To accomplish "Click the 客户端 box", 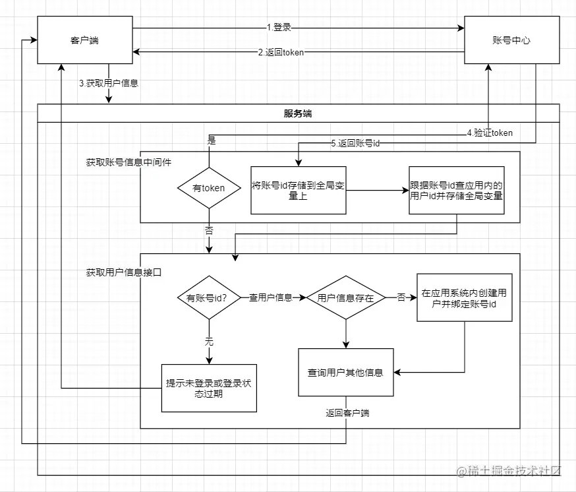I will (x=84, y=40).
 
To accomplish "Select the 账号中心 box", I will (x=511, y=40).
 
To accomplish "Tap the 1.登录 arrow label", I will (x=279, y=28).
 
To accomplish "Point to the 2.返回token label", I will (x=281, y=52).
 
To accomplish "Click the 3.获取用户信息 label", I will (x=108, y=83).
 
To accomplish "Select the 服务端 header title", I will (x=298, y=113).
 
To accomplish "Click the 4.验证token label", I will (x=490, y=133).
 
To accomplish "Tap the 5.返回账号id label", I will (x=355, y=144).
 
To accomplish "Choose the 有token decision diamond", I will (x=208, y=188).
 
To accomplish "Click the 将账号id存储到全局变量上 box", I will (x=299, y=190).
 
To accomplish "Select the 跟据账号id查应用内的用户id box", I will (x=457, y=190).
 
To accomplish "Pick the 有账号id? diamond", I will (x=208, y=297).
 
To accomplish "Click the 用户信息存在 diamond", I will (x=345, y=298).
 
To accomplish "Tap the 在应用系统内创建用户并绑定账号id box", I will (x=464, y=297).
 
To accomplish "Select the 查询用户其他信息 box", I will (x=345, y=373).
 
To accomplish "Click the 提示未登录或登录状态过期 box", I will (x=208, y=388).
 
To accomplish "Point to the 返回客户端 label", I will (x=347, y=414).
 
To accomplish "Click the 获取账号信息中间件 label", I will (x=124, y=162).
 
